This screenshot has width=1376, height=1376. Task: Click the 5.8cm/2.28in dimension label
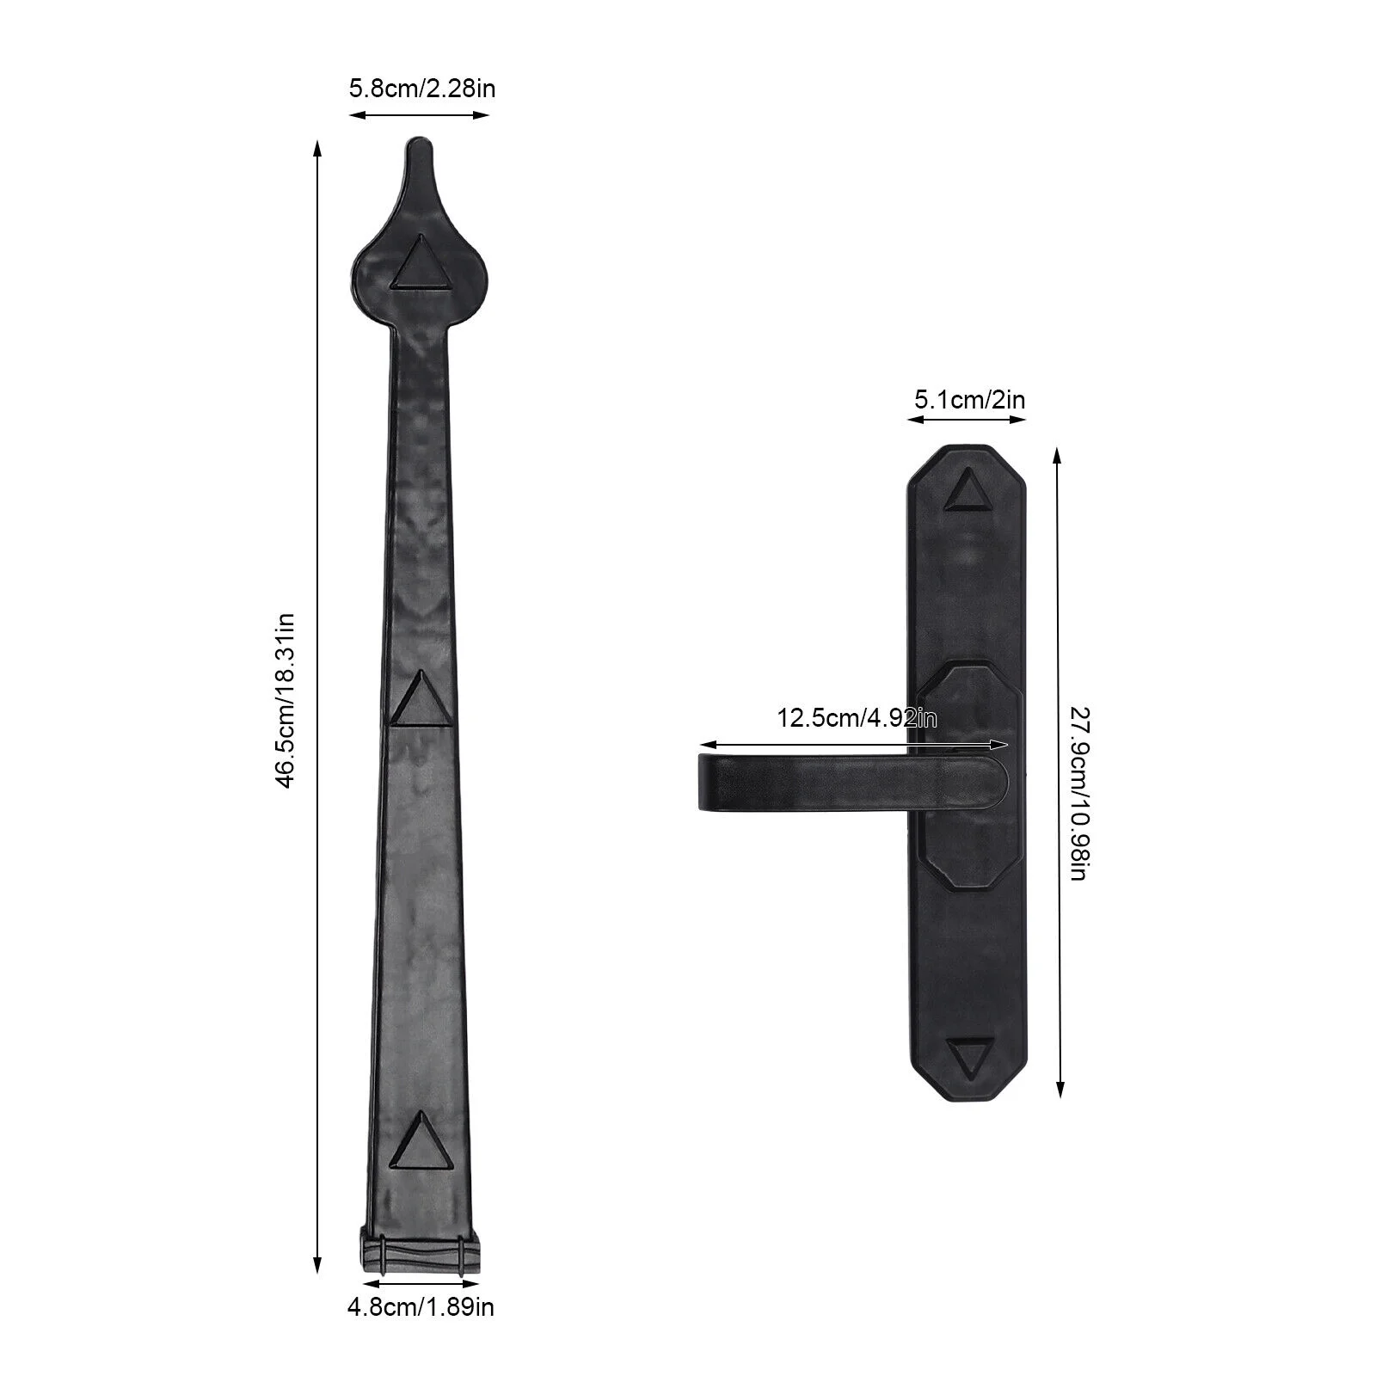tap(421, 89)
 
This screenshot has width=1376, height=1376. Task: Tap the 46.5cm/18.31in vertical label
tap(285, 699)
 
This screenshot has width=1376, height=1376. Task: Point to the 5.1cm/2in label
tap(969, 400)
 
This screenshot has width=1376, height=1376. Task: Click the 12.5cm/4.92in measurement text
tap(857, 717)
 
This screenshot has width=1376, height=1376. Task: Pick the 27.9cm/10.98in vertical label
tap(1079, 793)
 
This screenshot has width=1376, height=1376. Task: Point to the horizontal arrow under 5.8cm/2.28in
tap(419, 114)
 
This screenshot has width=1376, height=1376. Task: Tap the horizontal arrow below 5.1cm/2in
tap(967, 420)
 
